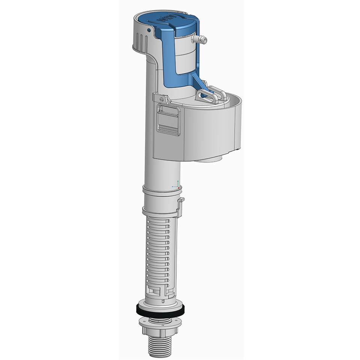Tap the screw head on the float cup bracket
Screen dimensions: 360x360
pos(162,99)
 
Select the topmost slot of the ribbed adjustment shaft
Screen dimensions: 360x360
pos(157,221)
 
